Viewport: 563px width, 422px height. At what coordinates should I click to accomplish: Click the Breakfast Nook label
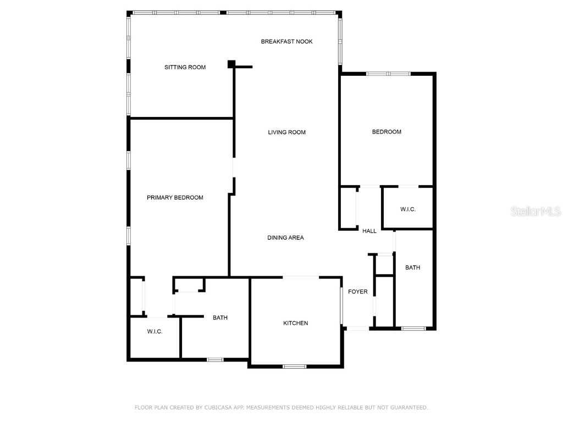(286, 42)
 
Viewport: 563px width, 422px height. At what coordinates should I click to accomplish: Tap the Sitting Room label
(185, 67)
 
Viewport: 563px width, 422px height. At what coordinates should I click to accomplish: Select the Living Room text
(286, 132)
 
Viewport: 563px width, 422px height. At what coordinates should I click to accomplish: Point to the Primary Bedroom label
(175, 197)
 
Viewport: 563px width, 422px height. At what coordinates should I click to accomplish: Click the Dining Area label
(285, 237)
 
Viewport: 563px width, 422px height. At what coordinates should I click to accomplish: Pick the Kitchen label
(295, 323)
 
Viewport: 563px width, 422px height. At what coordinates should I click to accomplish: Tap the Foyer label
(357, 292)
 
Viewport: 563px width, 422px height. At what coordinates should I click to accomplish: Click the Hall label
(369, 231)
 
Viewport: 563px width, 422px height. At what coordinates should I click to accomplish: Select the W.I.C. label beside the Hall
(408, 209)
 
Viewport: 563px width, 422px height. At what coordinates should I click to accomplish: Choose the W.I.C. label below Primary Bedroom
(154, 331)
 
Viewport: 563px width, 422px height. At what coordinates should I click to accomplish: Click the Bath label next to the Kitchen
(220, 318)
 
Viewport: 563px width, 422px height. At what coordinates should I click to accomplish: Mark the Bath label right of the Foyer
(412, 268)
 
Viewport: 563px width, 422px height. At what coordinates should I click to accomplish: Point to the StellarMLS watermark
(536, 211)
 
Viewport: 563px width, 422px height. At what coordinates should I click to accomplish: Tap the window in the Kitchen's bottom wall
(295, 367)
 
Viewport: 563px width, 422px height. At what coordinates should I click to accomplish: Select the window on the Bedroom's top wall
(388, 74)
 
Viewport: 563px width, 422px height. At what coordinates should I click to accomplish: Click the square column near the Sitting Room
(231, 64)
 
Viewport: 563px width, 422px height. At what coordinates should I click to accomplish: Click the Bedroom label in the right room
(387, 132)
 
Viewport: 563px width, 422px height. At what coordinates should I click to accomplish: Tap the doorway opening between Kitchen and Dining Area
(301, 277)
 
